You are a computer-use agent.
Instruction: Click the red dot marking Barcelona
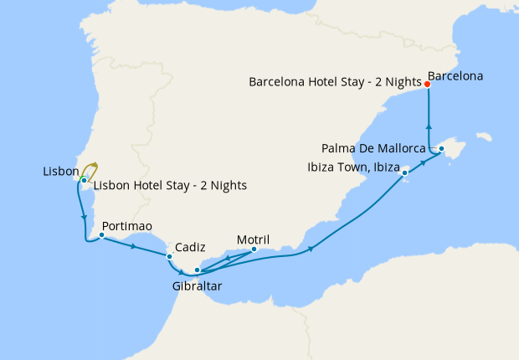(427, 85)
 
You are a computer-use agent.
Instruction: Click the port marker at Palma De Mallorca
(441, 149)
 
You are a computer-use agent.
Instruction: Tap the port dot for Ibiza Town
(405, 173)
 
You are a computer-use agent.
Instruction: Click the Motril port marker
(254, 249)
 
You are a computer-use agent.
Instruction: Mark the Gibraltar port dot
(197, 270)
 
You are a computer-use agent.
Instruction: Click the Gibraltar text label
(197, 285)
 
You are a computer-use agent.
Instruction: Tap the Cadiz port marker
(169, 256)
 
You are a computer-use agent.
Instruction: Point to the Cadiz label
(191, 248)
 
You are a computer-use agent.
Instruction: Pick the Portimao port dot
(100, 235)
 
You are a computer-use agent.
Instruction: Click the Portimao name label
(126, 226)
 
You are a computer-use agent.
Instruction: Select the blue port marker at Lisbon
(84, 180)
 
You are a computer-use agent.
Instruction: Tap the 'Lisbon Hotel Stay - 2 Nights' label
(170, 186)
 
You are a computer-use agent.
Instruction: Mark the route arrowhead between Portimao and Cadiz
(134, 246)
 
